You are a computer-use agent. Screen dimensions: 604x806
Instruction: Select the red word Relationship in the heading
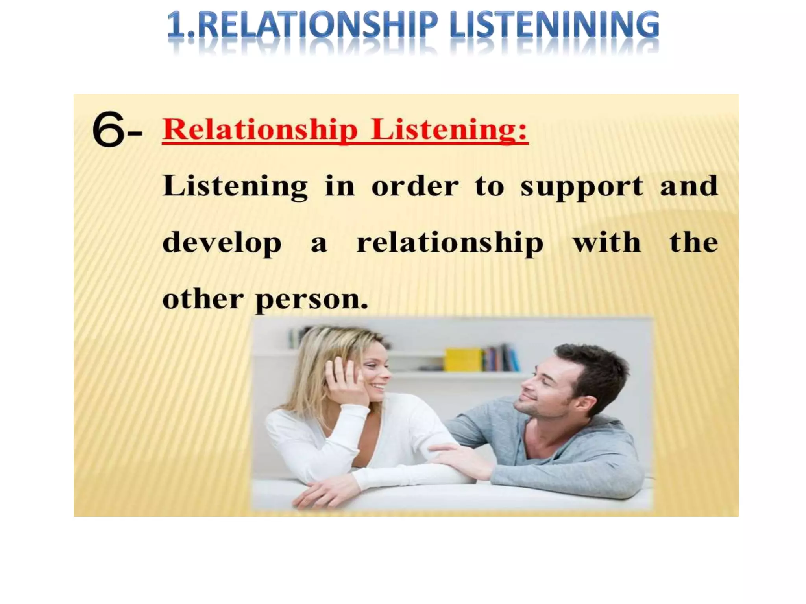[x=260, y=129]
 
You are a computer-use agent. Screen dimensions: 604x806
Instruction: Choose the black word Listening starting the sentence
[x=235, y=186]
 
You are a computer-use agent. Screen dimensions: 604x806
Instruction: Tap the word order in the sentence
[x=415, y=186]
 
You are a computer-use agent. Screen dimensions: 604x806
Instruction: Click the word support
[x=582, y=187]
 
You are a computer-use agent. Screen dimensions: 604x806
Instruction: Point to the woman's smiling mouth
[x=379, y=387]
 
